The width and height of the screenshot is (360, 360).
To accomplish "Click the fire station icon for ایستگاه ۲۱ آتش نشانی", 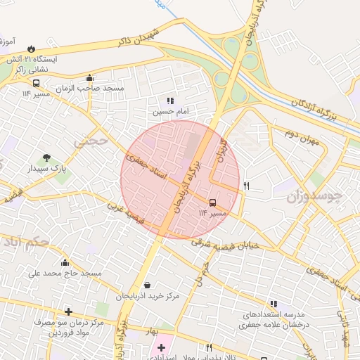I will coord(31,49).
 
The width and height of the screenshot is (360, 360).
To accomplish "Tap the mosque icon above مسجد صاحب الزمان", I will coord(89,78).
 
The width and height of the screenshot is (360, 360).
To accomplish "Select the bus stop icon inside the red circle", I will coord(213,202).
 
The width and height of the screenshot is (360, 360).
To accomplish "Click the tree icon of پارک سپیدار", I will coord(46,157).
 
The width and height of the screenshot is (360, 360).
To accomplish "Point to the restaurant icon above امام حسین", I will coord(171,101).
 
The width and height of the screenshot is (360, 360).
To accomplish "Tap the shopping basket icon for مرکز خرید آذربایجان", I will coord(147,285).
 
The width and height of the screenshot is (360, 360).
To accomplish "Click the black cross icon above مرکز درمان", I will coord(68,311).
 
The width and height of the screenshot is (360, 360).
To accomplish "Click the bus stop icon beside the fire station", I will coord(36,82).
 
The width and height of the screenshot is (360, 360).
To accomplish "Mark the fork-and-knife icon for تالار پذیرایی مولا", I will coord(209,347).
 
